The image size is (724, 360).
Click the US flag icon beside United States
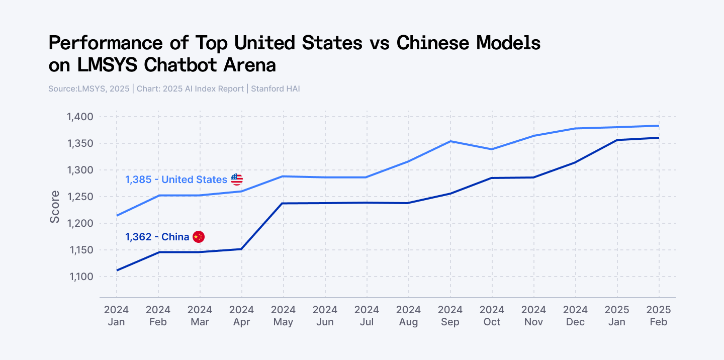coord(237,179)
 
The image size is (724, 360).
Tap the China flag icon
coord(199,237)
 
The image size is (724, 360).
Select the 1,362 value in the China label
coord(138,237)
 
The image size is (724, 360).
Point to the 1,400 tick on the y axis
coord(80,117)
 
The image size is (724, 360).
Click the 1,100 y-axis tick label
coord(80,277)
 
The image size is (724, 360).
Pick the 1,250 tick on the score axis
coord(80,197)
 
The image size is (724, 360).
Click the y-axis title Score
coord(55,207)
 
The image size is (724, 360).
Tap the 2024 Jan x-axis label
coord(116,316)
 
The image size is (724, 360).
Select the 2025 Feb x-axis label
coord(659,316)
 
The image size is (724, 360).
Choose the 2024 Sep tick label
coord(450,316)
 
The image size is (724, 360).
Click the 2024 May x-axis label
coord(283,316)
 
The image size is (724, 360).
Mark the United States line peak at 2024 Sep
coord(450,141)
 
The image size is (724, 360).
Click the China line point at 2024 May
coord(283,203)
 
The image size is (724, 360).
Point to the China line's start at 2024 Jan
coord(117,271)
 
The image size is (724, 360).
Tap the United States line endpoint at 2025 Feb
coord(659,126)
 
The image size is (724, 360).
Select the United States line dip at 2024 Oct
coord(492,149)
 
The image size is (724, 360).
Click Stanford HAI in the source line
coord(275,89)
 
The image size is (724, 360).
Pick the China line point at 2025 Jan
coord(617,140)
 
